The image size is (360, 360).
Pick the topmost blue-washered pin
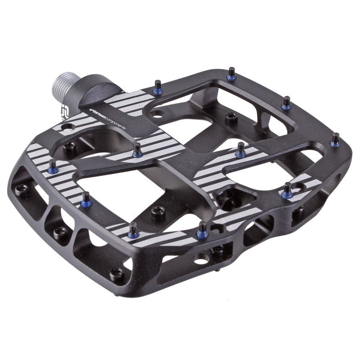click(x=231, y=74)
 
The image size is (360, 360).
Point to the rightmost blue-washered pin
click(x=335, y=140)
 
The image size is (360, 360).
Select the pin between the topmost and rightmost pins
click(x=286, y=103)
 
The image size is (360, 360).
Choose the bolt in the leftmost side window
click(x=20, y=188)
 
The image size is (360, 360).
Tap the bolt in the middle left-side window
click(x=58, y=231)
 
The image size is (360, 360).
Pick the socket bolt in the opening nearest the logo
click(x=70, y=146)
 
